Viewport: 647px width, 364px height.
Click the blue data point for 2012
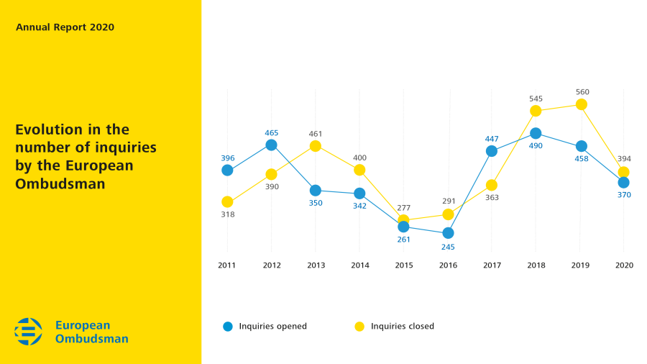[x=271, y=145]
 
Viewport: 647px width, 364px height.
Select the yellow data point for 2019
[x=580, y=105]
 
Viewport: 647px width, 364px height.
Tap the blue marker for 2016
[x=448, y=233]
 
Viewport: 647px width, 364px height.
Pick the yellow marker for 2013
[x=316, y=146]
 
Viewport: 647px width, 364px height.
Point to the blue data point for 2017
[x=492, y=151]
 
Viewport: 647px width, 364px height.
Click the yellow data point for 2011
[x=227, y=202]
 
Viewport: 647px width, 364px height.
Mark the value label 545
[x=536, y=99]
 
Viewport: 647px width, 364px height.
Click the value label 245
[x=448, y=247]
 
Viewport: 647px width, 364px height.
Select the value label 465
[x=271, y=133]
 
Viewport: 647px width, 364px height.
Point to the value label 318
[x=227, y=214]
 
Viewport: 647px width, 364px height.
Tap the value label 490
[x=536, y=146]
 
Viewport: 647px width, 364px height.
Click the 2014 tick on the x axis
[x=359, y=265]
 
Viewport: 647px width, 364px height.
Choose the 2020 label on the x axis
[x=624, y=265]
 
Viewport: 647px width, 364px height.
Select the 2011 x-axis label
[x=227, y=265]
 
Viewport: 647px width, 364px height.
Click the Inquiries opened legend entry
[x=265, y=327]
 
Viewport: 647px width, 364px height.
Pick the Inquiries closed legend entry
[x=395, y=327]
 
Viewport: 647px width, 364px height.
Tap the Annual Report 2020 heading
[x=65, y=27]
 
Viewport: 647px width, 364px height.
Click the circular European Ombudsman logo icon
[x=29, y=332]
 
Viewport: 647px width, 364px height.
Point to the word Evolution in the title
[x=49, y=130]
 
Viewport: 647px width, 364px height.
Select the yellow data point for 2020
[x=624, y=172]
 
